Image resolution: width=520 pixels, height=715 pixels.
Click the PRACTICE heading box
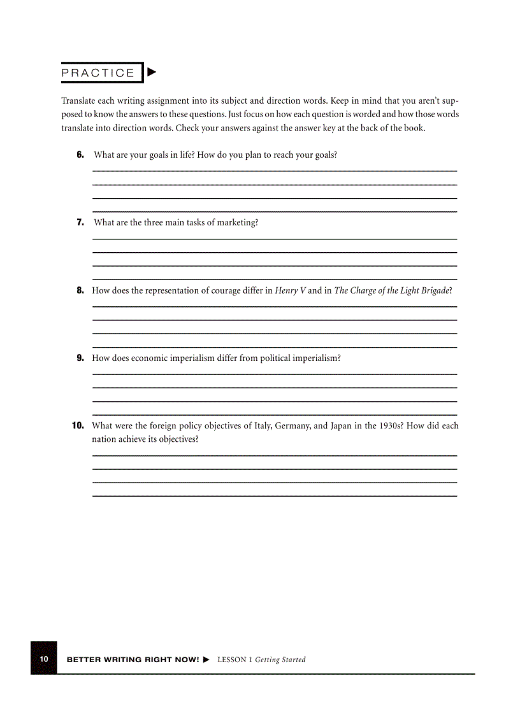pyautogui.click(x=99, y=73)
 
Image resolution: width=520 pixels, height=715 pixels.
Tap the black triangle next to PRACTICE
pyautogui.click(x=151, y=73)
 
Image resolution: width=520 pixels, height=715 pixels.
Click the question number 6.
pyautogui.click(x=80, y=155)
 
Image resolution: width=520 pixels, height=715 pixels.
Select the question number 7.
pyautogui.click(x=80, y=222)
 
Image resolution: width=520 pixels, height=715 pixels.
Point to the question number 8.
pyautogui.click(x=80, y=290)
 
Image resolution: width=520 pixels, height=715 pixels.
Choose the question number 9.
pyautogui.click(x=80, y=358)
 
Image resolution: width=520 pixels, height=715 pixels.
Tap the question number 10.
pyautogui.click(x=78, y=425)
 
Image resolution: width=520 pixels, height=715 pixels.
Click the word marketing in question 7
pyautogui.click(x=236, y=222)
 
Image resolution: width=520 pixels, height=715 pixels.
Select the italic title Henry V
pyautogui.click(x=290, y=290)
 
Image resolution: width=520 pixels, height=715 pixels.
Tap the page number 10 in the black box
pyautogui.click(x=44, y=659)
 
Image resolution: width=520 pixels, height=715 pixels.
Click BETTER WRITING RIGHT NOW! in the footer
pyautogui.click(x=133, y=660)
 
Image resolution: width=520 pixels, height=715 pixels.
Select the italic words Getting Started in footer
pyautogui.click(x=280, y=660)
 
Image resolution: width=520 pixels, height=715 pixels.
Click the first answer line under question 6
pyautogui.click(x=275, y=171)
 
